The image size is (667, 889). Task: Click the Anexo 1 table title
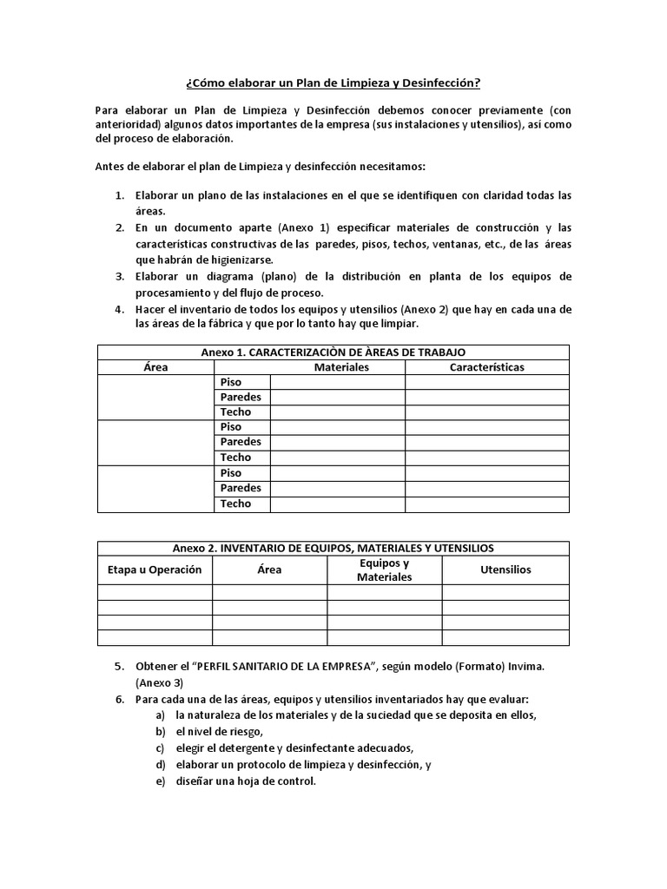333,352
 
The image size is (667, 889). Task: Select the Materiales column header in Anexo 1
341,367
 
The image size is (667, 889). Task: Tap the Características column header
486,367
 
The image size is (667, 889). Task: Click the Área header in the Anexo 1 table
155,367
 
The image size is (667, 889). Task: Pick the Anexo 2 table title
333,549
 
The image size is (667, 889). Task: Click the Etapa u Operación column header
155,570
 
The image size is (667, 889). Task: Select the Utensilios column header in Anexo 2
505,570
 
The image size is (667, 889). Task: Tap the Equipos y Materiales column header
384,570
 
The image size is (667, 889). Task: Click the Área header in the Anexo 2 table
269,570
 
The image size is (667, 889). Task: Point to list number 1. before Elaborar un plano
121,195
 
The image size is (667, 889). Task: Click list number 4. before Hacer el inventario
121,309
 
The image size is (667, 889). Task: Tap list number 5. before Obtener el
121,666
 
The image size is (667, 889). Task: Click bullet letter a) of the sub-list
160,715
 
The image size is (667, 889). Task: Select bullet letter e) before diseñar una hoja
160,780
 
